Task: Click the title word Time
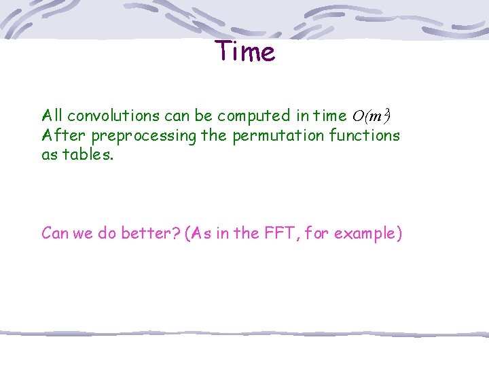click(245, 52)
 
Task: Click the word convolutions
click(110, 116)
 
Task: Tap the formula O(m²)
click(370, 116)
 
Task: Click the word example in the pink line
click(369, 234)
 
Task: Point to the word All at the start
click(52, 116)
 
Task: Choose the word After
click(64, 135)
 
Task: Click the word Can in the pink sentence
click(55, 233)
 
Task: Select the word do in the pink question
click(107, 233)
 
